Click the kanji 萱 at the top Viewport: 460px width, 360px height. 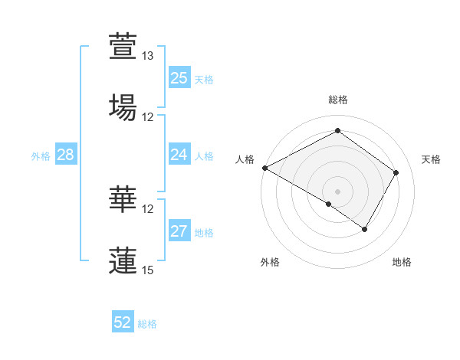tap(123, 46)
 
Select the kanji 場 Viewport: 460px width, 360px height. tap(123, 106)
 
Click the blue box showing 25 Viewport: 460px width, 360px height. tap(179, 78)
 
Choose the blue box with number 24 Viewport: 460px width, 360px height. tap(179, 155)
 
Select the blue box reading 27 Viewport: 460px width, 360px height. tap(179, 231)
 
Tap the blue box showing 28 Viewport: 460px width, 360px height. tap(66, 155)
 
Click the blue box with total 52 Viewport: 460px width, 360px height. tap(123, 322)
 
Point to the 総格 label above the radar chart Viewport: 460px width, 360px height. tap(338, 100)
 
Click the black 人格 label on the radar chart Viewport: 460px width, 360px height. tap(245, 159)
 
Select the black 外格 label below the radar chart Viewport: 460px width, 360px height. tap(270, 263)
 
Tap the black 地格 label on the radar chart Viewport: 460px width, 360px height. tap(402, 263)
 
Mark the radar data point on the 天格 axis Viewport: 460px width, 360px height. tap(396, 172)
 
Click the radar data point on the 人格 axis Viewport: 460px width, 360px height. tap(264, 168)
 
